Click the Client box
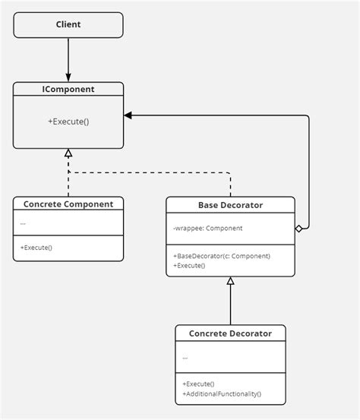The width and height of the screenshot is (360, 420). click(68, 25)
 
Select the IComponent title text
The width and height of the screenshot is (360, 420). click(68, 89)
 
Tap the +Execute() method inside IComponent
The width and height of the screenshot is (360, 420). click(68, 121)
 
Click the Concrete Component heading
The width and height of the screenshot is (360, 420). click(68, 204)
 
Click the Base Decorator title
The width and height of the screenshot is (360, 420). click(230, 204)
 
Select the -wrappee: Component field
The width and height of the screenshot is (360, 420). click(207, 228)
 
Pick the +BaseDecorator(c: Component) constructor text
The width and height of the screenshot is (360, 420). click(222, 256)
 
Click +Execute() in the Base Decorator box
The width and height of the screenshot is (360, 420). click(189, 266)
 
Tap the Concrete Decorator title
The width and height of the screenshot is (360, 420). click(230, 333)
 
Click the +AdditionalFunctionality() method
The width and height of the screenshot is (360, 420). click(222, 393)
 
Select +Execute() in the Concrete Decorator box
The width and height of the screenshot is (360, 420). click(198, 384)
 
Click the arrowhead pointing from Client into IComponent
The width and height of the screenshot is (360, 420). click(68, 77)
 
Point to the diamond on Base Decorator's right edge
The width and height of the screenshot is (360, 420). click(299, 228)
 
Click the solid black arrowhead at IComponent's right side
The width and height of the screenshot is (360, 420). click(128, 115)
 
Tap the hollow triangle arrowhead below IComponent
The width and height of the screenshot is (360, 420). click(68, 153)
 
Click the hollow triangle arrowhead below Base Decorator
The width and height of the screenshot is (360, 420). click(230, 281)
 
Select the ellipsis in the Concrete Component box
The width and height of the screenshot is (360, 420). click(24, 223)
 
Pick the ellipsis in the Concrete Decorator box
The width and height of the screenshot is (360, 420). click(185, 356)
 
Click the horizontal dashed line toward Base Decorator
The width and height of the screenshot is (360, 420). click(152, 172)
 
